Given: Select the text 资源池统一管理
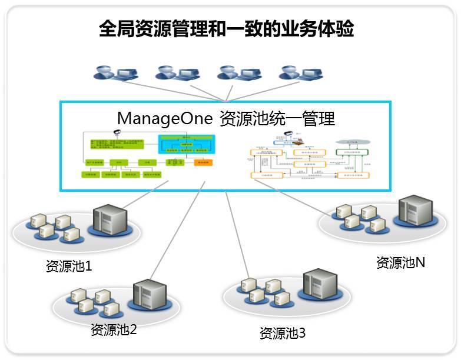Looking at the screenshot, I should coord(277,118).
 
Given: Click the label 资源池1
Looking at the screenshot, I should coord(69,266).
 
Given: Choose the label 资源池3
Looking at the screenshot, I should coord(283,333).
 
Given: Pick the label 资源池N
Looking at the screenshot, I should coord(400,263).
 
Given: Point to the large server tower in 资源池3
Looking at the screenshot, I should coord(318,286).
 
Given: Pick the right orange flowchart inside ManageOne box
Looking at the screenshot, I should coord(307,157).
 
